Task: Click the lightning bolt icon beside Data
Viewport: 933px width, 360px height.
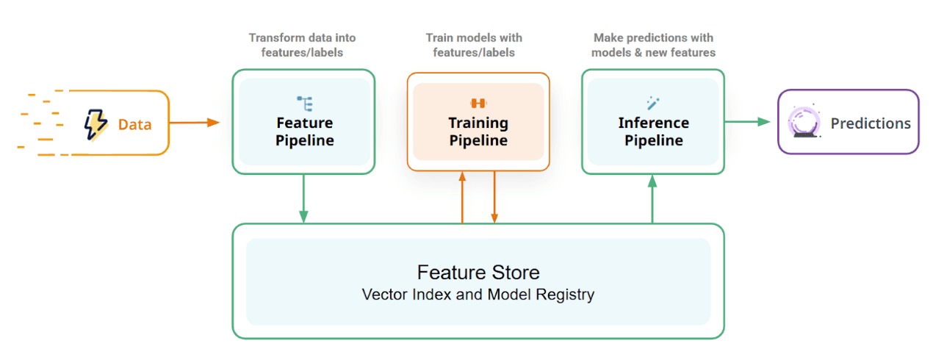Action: (x=96, y=123)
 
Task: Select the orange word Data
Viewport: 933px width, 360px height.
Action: (x=134, y=124)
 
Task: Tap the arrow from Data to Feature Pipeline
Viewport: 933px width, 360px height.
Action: (x=195, y=122)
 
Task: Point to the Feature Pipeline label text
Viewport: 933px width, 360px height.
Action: (x=304, y=132)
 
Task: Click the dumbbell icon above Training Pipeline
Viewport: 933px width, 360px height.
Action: (x=478, y=103)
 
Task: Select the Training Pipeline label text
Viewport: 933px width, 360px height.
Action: (x=478, y=132)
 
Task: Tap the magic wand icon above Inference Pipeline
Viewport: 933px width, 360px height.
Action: (x=652, y=102)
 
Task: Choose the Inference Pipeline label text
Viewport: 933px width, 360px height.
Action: (x=653, y=132)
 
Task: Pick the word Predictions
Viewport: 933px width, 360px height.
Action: (x=870, y=123)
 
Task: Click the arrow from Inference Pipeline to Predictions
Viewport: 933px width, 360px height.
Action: (x=750, y=122)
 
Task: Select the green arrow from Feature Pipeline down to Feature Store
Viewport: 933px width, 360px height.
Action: (x=303, y=198)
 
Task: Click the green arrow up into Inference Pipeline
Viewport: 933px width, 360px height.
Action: (x=652, y=198)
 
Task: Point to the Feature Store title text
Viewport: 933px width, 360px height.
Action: (x=478, y=273)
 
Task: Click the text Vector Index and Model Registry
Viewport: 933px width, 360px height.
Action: (x=478, y=295)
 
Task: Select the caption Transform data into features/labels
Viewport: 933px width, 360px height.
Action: (x=303, y=45)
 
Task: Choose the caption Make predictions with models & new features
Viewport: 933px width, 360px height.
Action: (x=653, y=45)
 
